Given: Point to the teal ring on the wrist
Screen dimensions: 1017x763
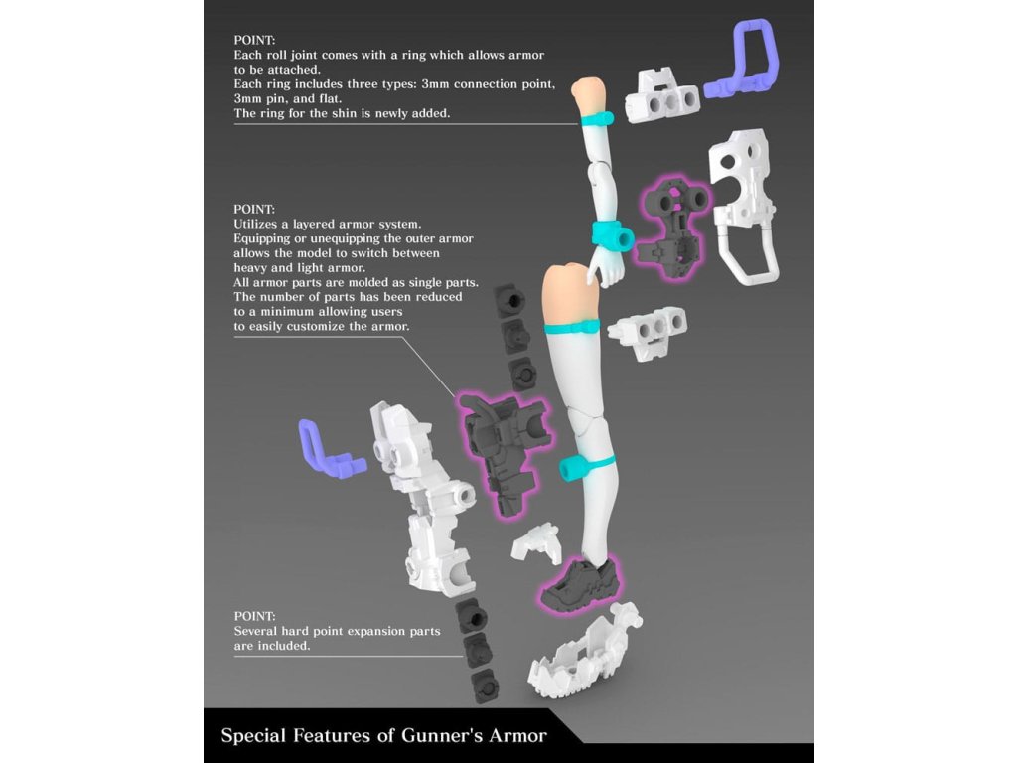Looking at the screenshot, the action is [613, 235].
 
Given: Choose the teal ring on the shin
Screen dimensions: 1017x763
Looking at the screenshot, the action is [586, 463].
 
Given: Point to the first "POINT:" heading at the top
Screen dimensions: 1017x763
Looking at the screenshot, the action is [255, 41].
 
